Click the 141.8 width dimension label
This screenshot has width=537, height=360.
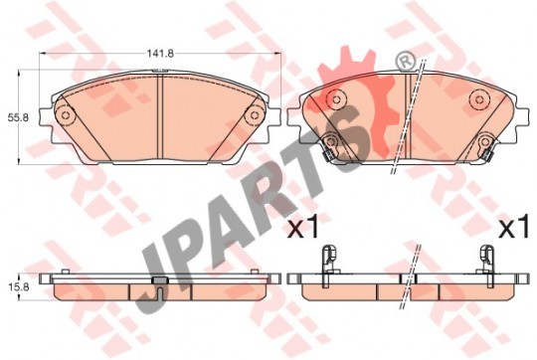(161, 54)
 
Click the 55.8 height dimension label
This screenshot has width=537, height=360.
(19, 117)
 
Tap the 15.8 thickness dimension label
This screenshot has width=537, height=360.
(19, 287)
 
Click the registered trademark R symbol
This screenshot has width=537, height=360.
(405, 62)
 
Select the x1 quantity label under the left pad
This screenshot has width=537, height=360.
(303, 227)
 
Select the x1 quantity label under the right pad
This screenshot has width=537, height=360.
(513, 227)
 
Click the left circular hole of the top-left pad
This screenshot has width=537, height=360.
(65, 115)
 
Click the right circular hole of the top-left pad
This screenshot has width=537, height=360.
(255, 115)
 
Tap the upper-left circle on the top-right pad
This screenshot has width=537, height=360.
(337, 99)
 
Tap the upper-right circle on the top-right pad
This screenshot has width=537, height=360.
(479, 99)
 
